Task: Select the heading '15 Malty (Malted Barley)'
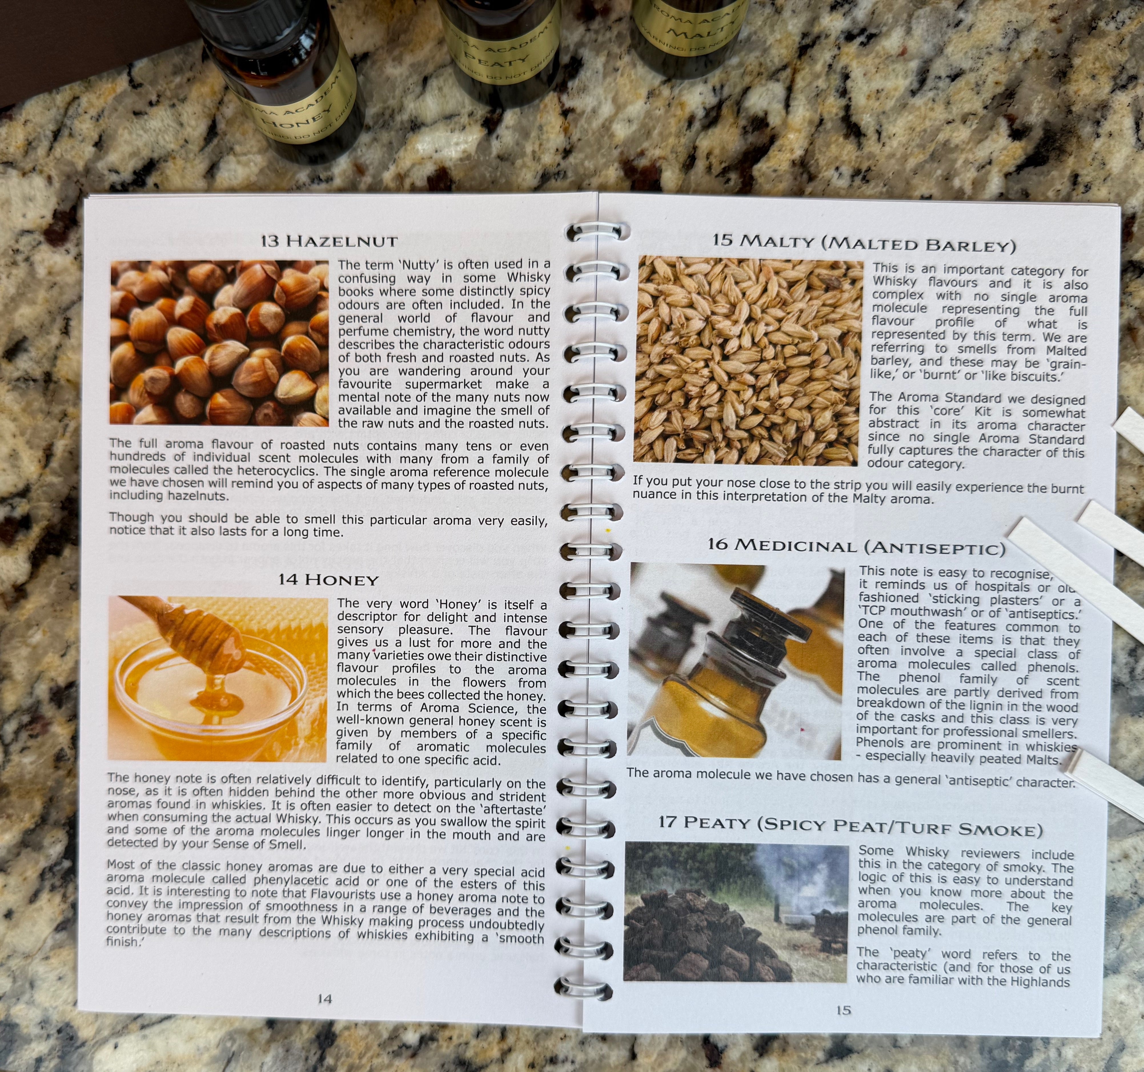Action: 864,243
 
